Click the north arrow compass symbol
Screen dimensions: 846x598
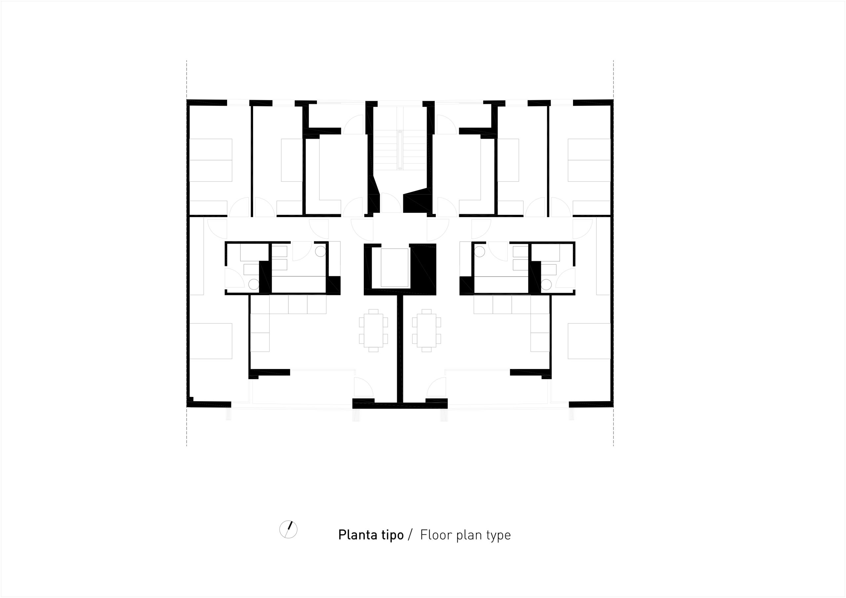click(x=288, y=529)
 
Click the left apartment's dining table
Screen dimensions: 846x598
click(x=373, y=330)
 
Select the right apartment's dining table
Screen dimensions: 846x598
click(x=427, y=330)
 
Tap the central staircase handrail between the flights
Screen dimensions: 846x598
click(x=400, y=150)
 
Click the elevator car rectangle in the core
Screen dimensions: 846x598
click(x=395, y=268)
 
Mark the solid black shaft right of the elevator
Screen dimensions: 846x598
click(x=423, y=269)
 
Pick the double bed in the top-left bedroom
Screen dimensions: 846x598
click(x=211, y=160)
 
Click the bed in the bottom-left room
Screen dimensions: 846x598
click(x=211, y=341)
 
